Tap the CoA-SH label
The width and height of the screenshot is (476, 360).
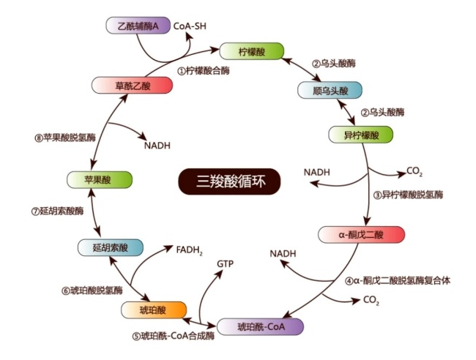point(191,26)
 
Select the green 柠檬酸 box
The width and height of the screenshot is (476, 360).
point(251,52)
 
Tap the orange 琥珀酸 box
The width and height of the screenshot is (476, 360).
point(152,310)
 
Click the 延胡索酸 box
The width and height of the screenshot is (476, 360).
point(109,247)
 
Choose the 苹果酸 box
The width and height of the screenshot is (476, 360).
point(99,179)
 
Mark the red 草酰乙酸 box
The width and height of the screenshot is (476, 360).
point(133,86)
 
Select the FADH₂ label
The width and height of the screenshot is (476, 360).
point(189,250)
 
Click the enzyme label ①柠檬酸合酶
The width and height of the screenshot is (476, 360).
point(204,71)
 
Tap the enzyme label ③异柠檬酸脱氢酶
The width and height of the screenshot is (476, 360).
point(409,195)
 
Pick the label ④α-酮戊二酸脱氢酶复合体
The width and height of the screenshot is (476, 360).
point(398,280)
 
